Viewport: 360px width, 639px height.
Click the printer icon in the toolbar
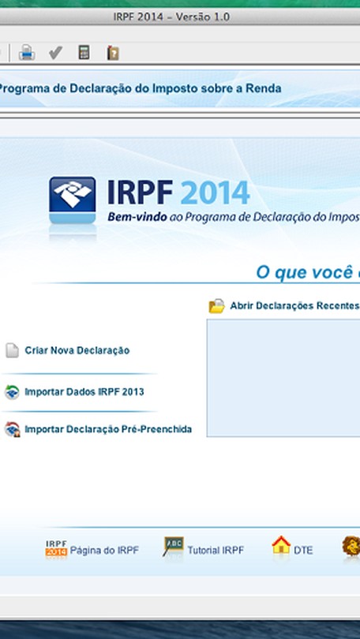(x=27, y=53)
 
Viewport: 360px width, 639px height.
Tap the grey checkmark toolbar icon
(x=55, y=53)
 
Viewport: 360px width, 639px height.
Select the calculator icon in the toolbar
(x=84, y=52)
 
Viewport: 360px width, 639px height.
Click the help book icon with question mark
(x=113, y=53)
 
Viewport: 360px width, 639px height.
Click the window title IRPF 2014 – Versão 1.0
(x=171, y=17)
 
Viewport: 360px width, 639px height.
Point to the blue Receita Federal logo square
(x=73, y=200)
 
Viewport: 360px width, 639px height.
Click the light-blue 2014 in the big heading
(x=215, y=192)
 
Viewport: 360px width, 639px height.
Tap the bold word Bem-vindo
(x=137, y=217)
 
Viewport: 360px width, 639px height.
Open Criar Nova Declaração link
(x=77, y=350)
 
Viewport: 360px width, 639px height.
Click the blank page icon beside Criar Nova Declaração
(x=12, y=350)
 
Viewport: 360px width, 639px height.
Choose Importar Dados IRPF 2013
(x=84, y=392)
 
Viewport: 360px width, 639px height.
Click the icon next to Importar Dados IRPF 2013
(x=12, y=392)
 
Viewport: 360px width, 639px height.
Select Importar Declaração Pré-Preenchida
(x=108, y=429)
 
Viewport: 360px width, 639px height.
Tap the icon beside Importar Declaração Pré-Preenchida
(x=12, y=429)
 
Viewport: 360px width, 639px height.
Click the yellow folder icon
(x=216, y=305)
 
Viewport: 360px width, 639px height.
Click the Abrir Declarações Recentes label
(x=294, y=305)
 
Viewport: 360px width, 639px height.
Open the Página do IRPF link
(x=104, y=551)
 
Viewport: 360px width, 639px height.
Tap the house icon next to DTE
(x=281, y=545)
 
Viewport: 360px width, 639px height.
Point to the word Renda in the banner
(x=267, y=88)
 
